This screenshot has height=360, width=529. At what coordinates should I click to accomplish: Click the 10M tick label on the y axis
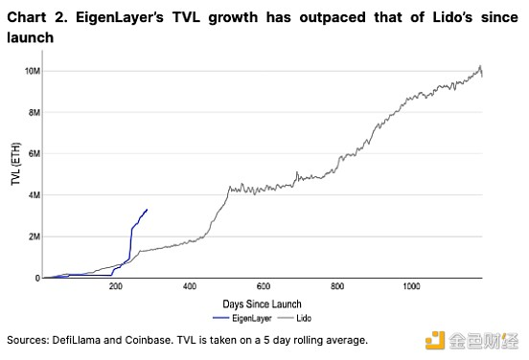click(33, 71)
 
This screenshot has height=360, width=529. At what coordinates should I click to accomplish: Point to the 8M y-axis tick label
click(34, 113)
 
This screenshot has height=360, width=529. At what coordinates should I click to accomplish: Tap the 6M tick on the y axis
click(34, 154)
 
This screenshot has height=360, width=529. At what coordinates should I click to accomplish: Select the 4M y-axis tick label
click(34, 195)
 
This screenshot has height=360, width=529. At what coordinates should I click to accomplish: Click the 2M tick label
click(34, 236)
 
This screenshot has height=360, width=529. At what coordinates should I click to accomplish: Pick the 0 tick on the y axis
click(37, 279)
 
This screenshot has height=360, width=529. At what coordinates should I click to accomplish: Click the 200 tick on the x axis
click(116, 286)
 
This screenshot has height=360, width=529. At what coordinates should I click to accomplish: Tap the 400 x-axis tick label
click(190, 286)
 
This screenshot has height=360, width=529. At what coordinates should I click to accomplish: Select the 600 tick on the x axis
click(264, 286)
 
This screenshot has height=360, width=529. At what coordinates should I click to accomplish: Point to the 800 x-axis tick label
click(337, 286)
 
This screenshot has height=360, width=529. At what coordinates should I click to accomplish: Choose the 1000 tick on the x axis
click(411, 286)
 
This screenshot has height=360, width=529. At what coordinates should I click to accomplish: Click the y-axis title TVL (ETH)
click(16, 164)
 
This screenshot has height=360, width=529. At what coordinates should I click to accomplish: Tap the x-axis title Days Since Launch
click(262, 304)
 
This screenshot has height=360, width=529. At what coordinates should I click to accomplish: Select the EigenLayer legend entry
click(242, 318)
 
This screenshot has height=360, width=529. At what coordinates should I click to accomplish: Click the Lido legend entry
click(294, 318)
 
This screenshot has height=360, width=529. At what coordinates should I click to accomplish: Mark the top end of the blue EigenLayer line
click(147, 210)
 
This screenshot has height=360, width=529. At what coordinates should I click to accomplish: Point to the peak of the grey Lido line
click(480, 66)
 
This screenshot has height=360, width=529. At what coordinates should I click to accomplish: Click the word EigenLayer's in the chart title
click(120, 17)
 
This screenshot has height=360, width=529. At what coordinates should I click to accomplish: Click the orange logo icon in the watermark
click(435, 341)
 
